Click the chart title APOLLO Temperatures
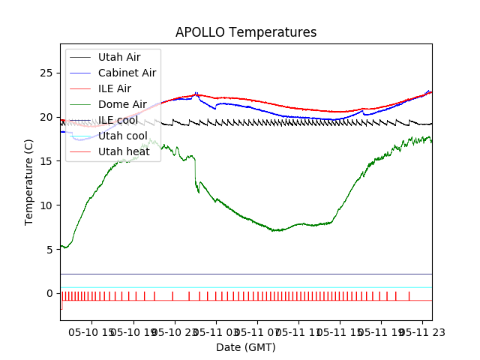[246, 33]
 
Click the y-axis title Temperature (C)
[29, 181]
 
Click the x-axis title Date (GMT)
[246, 347]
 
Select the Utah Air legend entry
[118, 57]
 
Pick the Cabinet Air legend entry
[127, 73]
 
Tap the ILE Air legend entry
[114, 88]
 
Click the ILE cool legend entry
[118, 120]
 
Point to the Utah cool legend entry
[122, 136]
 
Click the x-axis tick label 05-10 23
[174, 331]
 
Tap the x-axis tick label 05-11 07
[256, 331]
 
